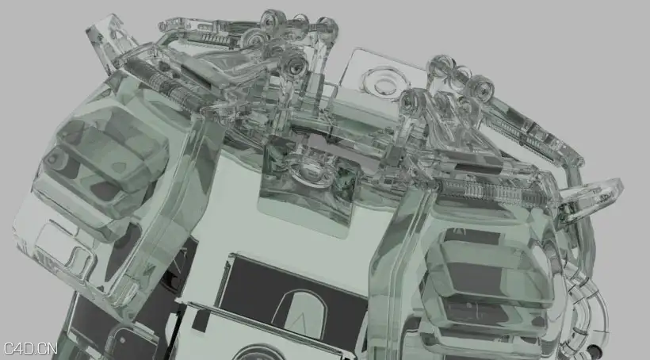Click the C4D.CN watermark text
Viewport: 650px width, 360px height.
[30, 348]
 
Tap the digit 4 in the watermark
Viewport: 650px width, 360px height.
[21, 348]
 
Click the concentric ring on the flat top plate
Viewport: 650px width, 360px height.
[383, 82]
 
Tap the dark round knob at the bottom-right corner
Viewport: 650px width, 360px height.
[595, 350]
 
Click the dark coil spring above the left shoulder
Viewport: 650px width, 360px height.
[165, 84]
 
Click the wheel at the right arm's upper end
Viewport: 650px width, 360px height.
[480, 87]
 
